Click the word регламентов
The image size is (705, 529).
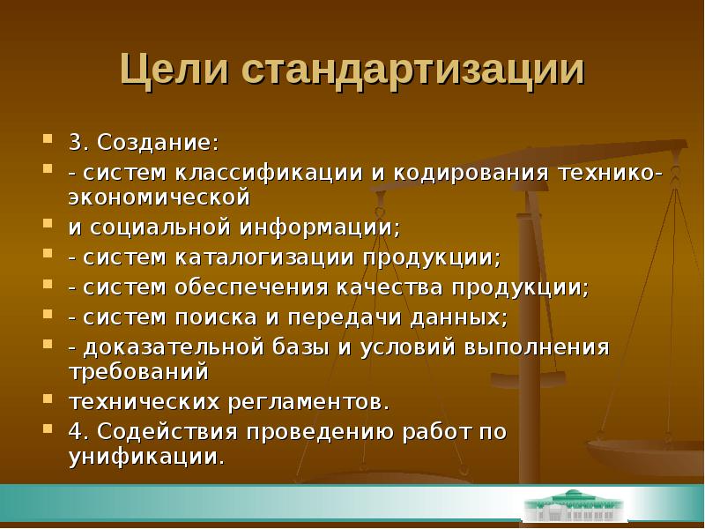coord(309,403)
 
